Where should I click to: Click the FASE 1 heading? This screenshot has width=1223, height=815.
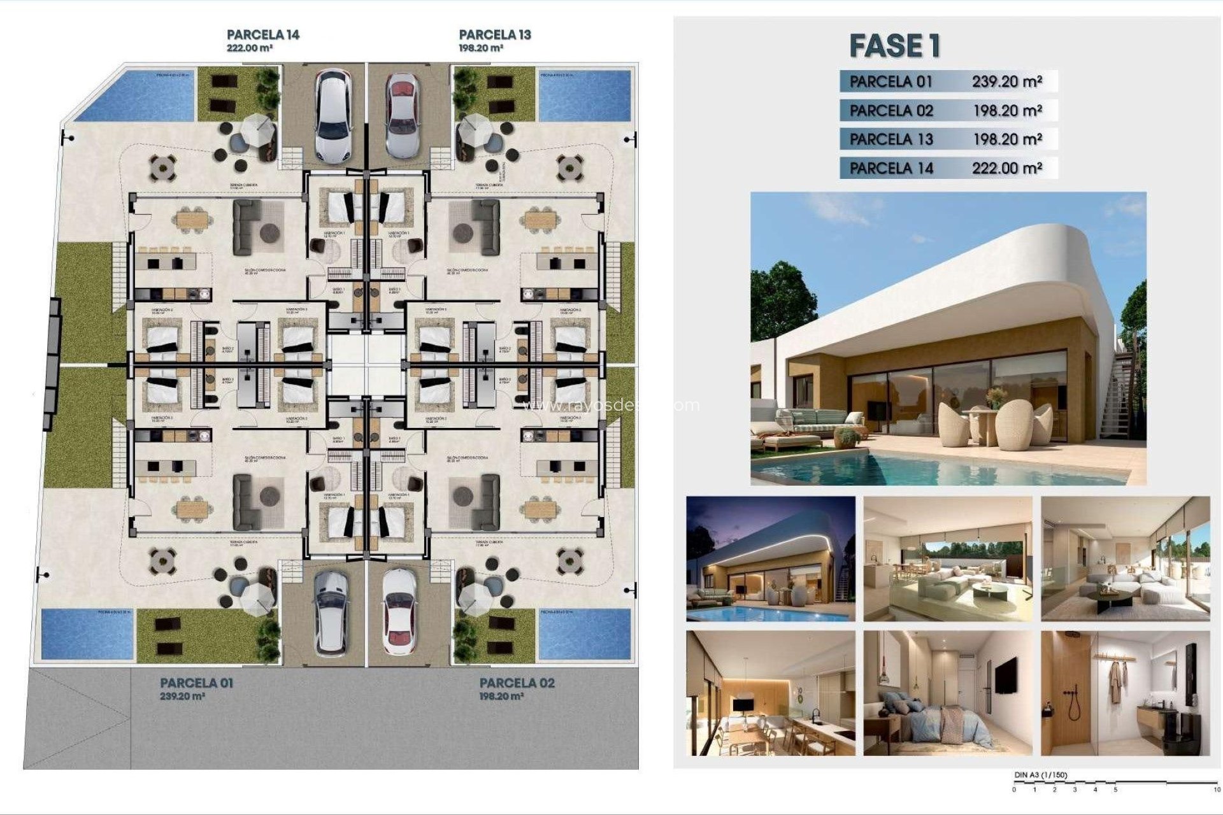click(x=894, y=46)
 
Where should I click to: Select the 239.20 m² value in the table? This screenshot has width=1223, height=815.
click(x=1006, y=81)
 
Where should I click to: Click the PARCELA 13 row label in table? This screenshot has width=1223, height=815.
click(x=890, y=139)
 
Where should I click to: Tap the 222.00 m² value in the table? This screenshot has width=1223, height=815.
click(x=1006, y=168)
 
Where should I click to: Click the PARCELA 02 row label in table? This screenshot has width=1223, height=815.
click(x=890, y=111)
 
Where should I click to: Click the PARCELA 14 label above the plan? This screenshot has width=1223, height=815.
click(x=262, y=35)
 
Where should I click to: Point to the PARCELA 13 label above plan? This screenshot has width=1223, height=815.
click(x=494, y=35)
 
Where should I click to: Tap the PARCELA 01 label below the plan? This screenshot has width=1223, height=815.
click(x=196, y=683)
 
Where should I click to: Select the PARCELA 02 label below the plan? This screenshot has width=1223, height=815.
click(x=517, y=683)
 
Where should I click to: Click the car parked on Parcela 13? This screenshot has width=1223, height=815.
click(x=402, y=115)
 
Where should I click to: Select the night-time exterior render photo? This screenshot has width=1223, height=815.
click(x=770, y=558)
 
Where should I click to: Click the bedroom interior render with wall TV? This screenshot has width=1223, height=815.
click(x=947, y=693)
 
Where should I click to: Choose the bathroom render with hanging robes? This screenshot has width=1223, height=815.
click(x=1125, y=693)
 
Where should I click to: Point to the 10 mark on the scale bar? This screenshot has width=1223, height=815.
click(x=1217, y=790)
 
